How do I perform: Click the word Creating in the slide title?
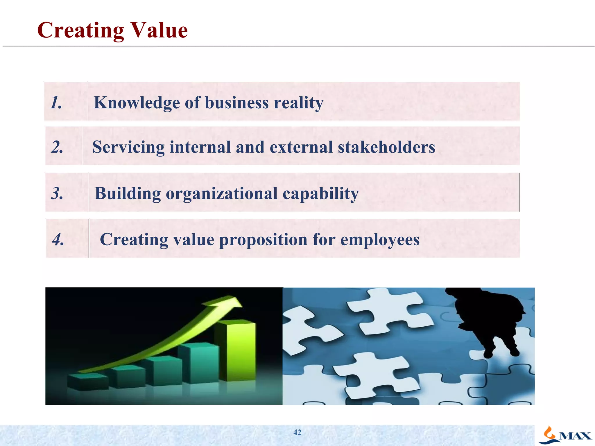tap(80, 31)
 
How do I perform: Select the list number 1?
tap(56, 103)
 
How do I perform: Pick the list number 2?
tap(57, 147)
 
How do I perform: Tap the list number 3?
tap(57, 193)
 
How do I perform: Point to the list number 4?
tap(58, 240)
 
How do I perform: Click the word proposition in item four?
tap(263, 240)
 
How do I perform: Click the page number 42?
tap(297, 432)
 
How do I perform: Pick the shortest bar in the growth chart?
tap(87, 382)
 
